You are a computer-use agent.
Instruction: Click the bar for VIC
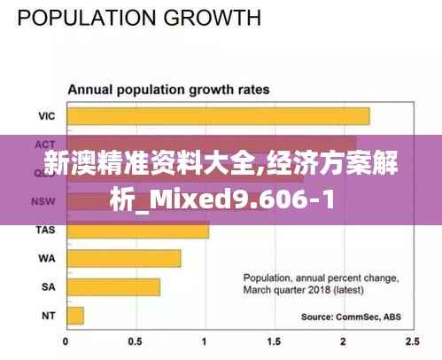[218, 116]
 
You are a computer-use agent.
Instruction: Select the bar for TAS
[137, 231]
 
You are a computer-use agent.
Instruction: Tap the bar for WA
[123, 259]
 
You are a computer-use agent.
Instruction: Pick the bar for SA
[113, 287]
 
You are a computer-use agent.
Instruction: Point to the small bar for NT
[75, 315]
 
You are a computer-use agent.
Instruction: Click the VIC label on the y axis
[46, 116]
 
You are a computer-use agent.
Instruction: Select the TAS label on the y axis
[45, 231]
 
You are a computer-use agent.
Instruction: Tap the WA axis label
[47, 259]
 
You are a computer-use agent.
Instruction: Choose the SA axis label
[48, 287]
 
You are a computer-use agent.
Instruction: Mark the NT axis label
[48, 315]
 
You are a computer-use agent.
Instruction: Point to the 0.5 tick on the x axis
[136, 340]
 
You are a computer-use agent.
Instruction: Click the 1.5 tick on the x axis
[274, 340]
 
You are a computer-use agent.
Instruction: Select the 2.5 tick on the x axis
[411, 340]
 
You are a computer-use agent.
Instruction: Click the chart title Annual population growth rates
[170, 90]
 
